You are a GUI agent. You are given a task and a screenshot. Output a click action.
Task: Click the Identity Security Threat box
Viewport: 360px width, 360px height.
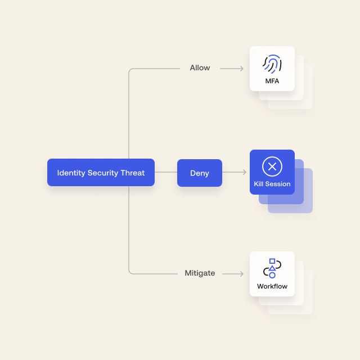coord(101,173)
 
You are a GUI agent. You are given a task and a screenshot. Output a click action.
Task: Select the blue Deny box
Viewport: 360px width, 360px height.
coord(200,173)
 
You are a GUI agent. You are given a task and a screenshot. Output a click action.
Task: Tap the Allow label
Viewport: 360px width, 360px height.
coord(200,67)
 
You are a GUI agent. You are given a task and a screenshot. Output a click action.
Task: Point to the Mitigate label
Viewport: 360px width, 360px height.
coord(200,273)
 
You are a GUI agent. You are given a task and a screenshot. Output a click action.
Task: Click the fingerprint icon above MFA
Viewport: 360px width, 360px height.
coord(272,64)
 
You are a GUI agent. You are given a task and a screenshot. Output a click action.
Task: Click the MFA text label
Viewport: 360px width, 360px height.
coord(272,81)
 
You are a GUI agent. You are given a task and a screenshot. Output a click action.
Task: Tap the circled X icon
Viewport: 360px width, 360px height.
coord(272,166)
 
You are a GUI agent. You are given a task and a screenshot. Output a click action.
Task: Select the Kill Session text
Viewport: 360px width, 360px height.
coord(272,184)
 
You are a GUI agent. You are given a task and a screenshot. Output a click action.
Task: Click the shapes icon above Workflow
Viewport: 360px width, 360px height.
coord(272,268)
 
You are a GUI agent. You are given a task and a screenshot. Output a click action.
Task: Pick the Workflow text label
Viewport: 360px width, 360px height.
coord(272,286)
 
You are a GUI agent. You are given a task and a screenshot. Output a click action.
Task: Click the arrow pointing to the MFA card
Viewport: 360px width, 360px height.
coord(232,69)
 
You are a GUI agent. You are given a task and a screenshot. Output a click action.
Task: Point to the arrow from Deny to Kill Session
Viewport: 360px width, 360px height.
coord(234,172)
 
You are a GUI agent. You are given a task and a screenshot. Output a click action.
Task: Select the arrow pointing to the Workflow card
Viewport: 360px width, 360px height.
coord(233,274)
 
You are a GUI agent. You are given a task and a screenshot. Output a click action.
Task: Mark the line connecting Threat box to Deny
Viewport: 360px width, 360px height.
coord(166,172)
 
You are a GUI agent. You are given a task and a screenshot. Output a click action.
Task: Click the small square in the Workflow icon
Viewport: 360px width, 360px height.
coord(272,261)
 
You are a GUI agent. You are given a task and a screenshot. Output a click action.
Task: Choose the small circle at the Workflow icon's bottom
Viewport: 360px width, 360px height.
coord(272,275)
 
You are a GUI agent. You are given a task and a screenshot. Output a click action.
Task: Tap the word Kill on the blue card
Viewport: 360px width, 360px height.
coord(259,184)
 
